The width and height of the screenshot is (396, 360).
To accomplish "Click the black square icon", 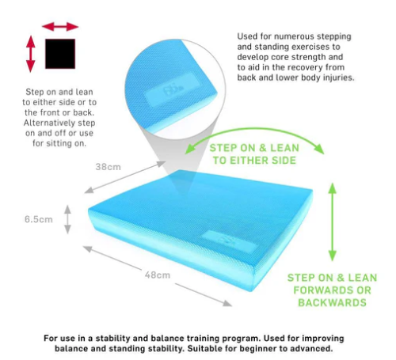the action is click(x=60, y=54).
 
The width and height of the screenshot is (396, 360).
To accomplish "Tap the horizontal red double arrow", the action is click(x=60, y=27).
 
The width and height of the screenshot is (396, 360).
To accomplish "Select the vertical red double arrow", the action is click(x=31, y=54).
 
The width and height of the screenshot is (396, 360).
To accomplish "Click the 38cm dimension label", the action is click(x=108, y=167).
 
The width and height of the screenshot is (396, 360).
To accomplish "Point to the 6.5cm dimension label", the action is click(x=39, y=219).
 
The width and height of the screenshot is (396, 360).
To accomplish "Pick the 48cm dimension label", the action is click(x=158, y=275).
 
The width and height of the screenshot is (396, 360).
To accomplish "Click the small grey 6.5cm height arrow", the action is click(x=67, y=219).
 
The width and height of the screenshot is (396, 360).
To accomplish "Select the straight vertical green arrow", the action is click(x=333, y=222).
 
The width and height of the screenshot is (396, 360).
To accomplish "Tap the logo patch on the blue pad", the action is click(x=229, y=241).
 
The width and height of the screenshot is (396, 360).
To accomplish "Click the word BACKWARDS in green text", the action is click(x=332, y=302).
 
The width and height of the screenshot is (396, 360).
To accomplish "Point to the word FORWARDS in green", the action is click(x=320, y=290).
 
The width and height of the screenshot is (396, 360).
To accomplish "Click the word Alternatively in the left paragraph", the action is click(x=48, y=123).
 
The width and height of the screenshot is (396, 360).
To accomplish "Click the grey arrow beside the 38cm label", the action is click(x=125, y=177).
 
